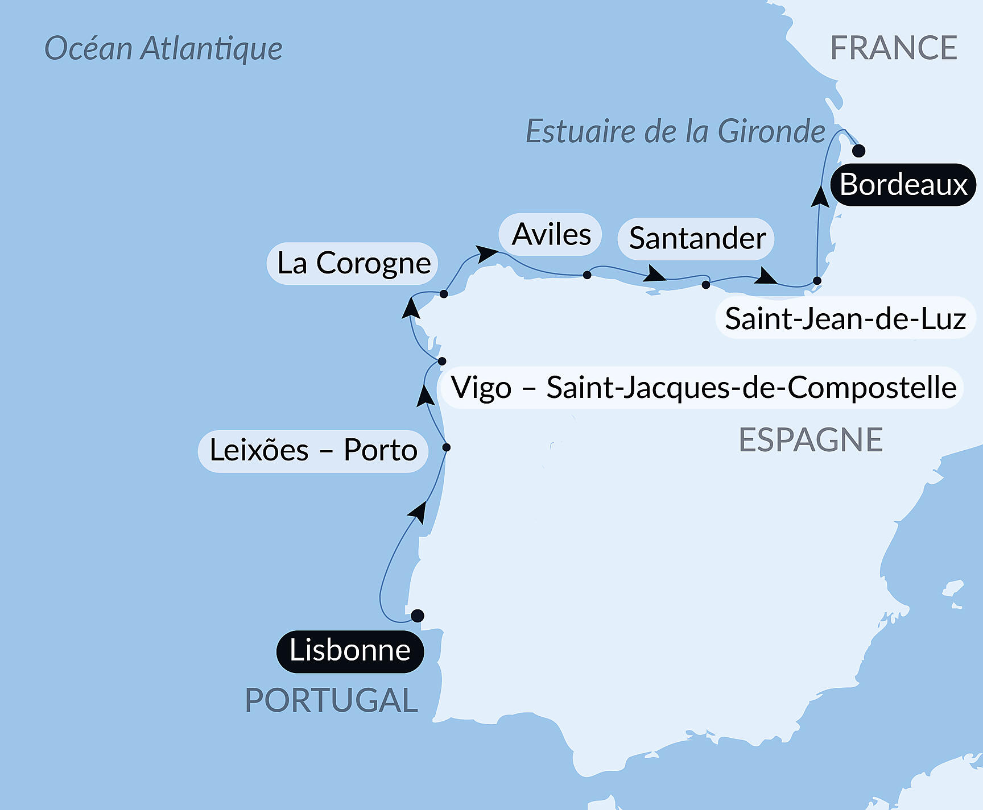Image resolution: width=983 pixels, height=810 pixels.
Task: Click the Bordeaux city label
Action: coord(903,185)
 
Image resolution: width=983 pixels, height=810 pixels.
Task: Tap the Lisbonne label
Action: coord(350,651)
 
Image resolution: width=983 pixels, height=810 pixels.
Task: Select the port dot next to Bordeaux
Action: coord(859,151)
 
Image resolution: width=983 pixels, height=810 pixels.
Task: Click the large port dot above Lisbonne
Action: coord(417,616)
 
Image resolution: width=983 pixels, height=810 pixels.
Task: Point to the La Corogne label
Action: coord(353,263)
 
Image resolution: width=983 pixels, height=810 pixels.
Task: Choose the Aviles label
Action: coord(551,234)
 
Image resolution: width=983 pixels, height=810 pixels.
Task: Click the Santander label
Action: coord(696,238)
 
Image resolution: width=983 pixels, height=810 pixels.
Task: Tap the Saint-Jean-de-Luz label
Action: coord(845,318)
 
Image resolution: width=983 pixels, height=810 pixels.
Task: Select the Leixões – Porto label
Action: coord(313,451)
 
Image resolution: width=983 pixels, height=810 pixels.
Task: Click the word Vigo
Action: coord(481,388)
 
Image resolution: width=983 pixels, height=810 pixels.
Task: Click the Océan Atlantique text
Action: coord(163,48)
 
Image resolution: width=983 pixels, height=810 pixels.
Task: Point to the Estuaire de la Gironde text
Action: coord(675,131)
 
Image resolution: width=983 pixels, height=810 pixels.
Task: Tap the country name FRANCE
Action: coord(893,48)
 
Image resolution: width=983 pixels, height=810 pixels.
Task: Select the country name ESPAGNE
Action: coord(810,440)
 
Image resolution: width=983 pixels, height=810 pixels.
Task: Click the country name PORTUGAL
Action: coord(331,700)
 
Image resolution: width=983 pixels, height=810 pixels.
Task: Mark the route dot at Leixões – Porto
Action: coord(447,447)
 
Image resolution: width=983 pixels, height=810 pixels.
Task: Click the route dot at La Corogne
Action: coord(444,294)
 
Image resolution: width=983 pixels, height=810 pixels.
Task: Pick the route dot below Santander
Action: coord(706,285)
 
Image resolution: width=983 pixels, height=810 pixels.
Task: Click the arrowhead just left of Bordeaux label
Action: coord(820,196)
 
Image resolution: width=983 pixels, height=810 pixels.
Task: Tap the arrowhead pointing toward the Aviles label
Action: coord(486,253)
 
